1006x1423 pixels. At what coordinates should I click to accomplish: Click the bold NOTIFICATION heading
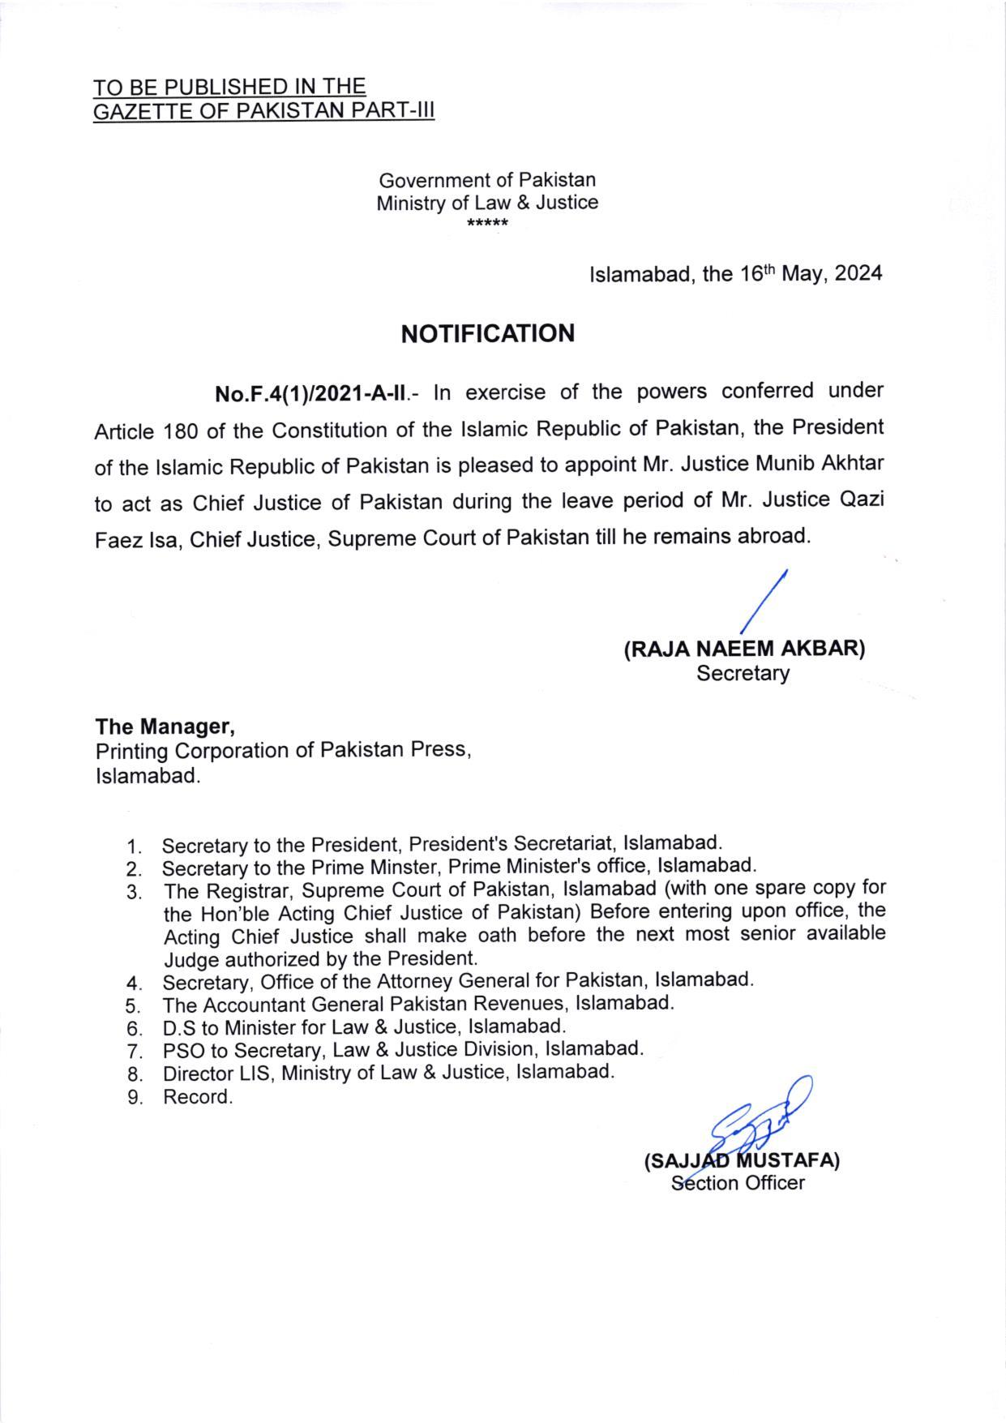pyautogui.click(x=487, y=333)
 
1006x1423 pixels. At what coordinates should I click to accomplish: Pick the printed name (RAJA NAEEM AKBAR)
pyautogui.click(x=743, y=649)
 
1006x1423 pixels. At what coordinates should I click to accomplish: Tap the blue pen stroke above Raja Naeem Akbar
pyautogui.click(x=764, y=601)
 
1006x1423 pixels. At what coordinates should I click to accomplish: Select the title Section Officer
pyautogui.click(x=738, y=1183)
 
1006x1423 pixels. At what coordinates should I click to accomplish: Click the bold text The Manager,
pyautogui.click(x=165, y=725)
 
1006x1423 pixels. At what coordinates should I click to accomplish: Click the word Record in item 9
pyautogui.click(x=197, y=1098)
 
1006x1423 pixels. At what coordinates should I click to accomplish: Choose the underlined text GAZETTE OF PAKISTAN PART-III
pyautogui.click(x=264, y=111)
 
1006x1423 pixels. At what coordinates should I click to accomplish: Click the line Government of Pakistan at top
pyautogui.click(x=487, y=179)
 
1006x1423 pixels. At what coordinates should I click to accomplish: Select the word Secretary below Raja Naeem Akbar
pyautogui.click(x=743, y=673)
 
